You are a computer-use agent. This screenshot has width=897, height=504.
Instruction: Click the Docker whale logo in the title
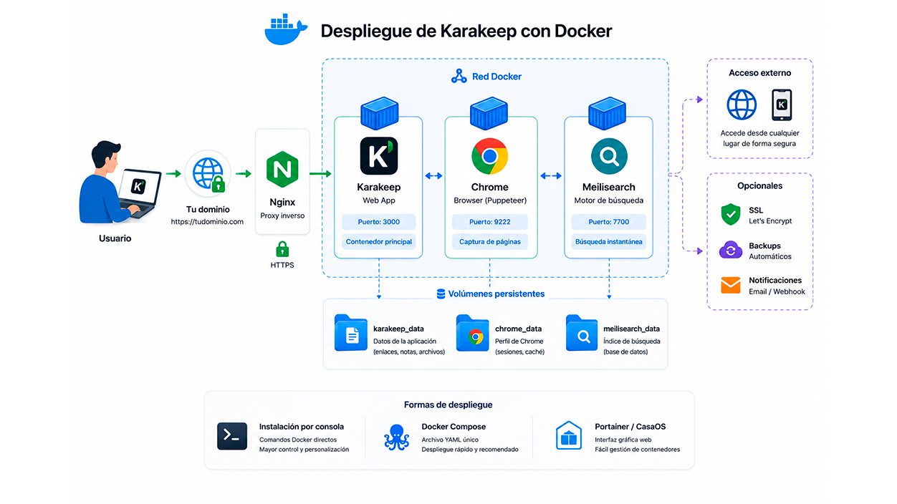[x=286, y=29]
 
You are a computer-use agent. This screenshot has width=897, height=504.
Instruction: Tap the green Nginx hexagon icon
[x=282, y=169]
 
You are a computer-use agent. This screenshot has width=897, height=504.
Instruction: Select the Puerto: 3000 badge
[x=379, y=222]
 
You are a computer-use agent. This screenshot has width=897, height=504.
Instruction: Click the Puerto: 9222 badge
[x=490, y=222]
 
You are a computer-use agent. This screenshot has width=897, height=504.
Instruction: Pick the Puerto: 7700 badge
[x=609, y=222]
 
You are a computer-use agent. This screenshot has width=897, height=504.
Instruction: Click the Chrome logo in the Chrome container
[x=490, y=156]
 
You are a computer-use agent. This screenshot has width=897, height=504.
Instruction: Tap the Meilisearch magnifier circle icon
[x=609, y=156]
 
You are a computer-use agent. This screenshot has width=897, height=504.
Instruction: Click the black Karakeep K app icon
[x=379, y=156]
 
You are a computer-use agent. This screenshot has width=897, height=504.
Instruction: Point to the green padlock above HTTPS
[x=282, y=249]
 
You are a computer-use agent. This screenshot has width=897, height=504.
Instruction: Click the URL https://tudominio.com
[x=207, y=222]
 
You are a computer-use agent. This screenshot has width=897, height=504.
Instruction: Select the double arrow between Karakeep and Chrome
[x=433, y=175]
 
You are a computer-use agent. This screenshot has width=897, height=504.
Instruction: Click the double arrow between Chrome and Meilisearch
[x=551, y=175]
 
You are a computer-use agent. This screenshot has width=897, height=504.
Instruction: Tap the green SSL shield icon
[x=731, y=214]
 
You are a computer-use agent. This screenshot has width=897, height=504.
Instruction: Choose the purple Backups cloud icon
[x=731, y=250]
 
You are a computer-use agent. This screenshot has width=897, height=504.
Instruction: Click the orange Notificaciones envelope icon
[x=731, y=285]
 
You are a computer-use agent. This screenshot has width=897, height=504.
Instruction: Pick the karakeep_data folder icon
[x=351, y=333]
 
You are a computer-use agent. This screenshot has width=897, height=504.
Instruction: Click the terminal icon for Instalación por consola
[x=232, y=436]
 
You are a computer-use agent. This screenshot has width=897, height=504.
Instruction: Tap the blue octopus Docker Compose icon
[x=396, y=437]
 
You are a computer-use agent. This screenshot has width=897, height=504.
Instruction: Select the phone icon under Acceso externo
[x=782, y=105]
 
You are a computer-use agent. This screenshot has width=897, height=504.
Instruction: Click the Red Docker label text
[x=497, y=77]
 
